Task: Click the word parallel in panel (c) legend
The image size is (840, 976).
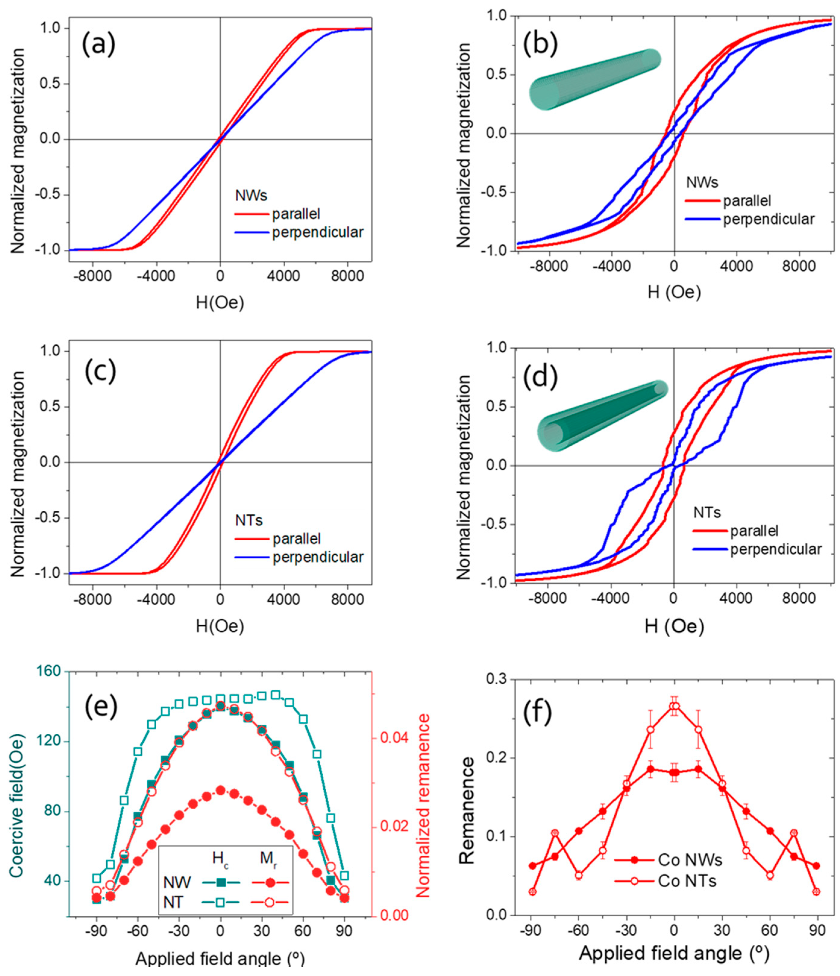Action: click(x=296, y=538)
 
